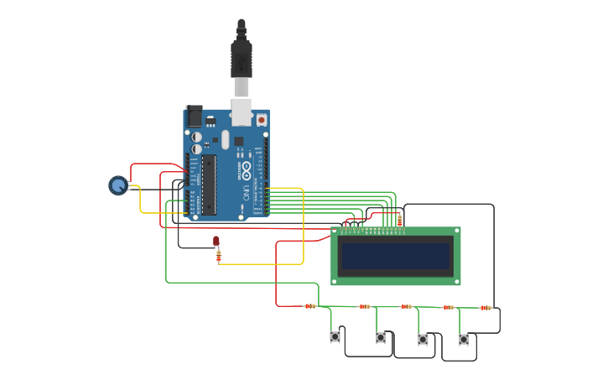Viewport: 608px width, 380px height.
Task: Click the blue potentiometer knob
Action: click(x=118, y=185)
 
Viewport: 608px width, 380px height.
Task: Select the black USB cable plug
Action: click(x=242, y=59)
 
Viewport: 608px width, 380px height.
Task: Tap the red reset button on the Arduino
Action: click(x=262, y=120)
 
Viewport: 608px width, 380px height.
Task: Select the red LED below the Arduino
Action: click(x=216, y=242)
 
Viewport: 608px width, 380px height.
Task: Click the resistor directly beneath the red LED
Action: click(x=219, y=257)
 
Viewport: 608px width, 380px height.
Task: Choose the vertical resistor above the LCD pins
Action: click(x=399, y=220)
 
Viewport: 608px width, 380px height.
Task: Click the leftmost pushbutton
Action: click(x=335, y=337)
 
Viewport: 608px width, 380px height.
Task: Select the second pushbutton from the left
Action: click(x=381, y=338)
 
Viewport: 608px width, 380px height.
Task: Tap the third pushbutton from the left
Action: click(x=423, y=340)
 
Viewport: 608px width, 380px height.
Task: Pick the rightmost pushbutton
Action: click(x=464, y=340)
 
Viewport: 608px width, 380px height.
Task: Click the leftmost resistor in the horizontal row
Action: click(x=309, y=306)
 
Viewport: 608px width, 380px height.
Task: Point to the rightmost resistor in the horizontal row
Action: click(x=485, y=308)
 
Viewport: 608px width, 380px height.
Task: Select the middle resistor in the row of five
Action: click(x=406, y=307)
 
